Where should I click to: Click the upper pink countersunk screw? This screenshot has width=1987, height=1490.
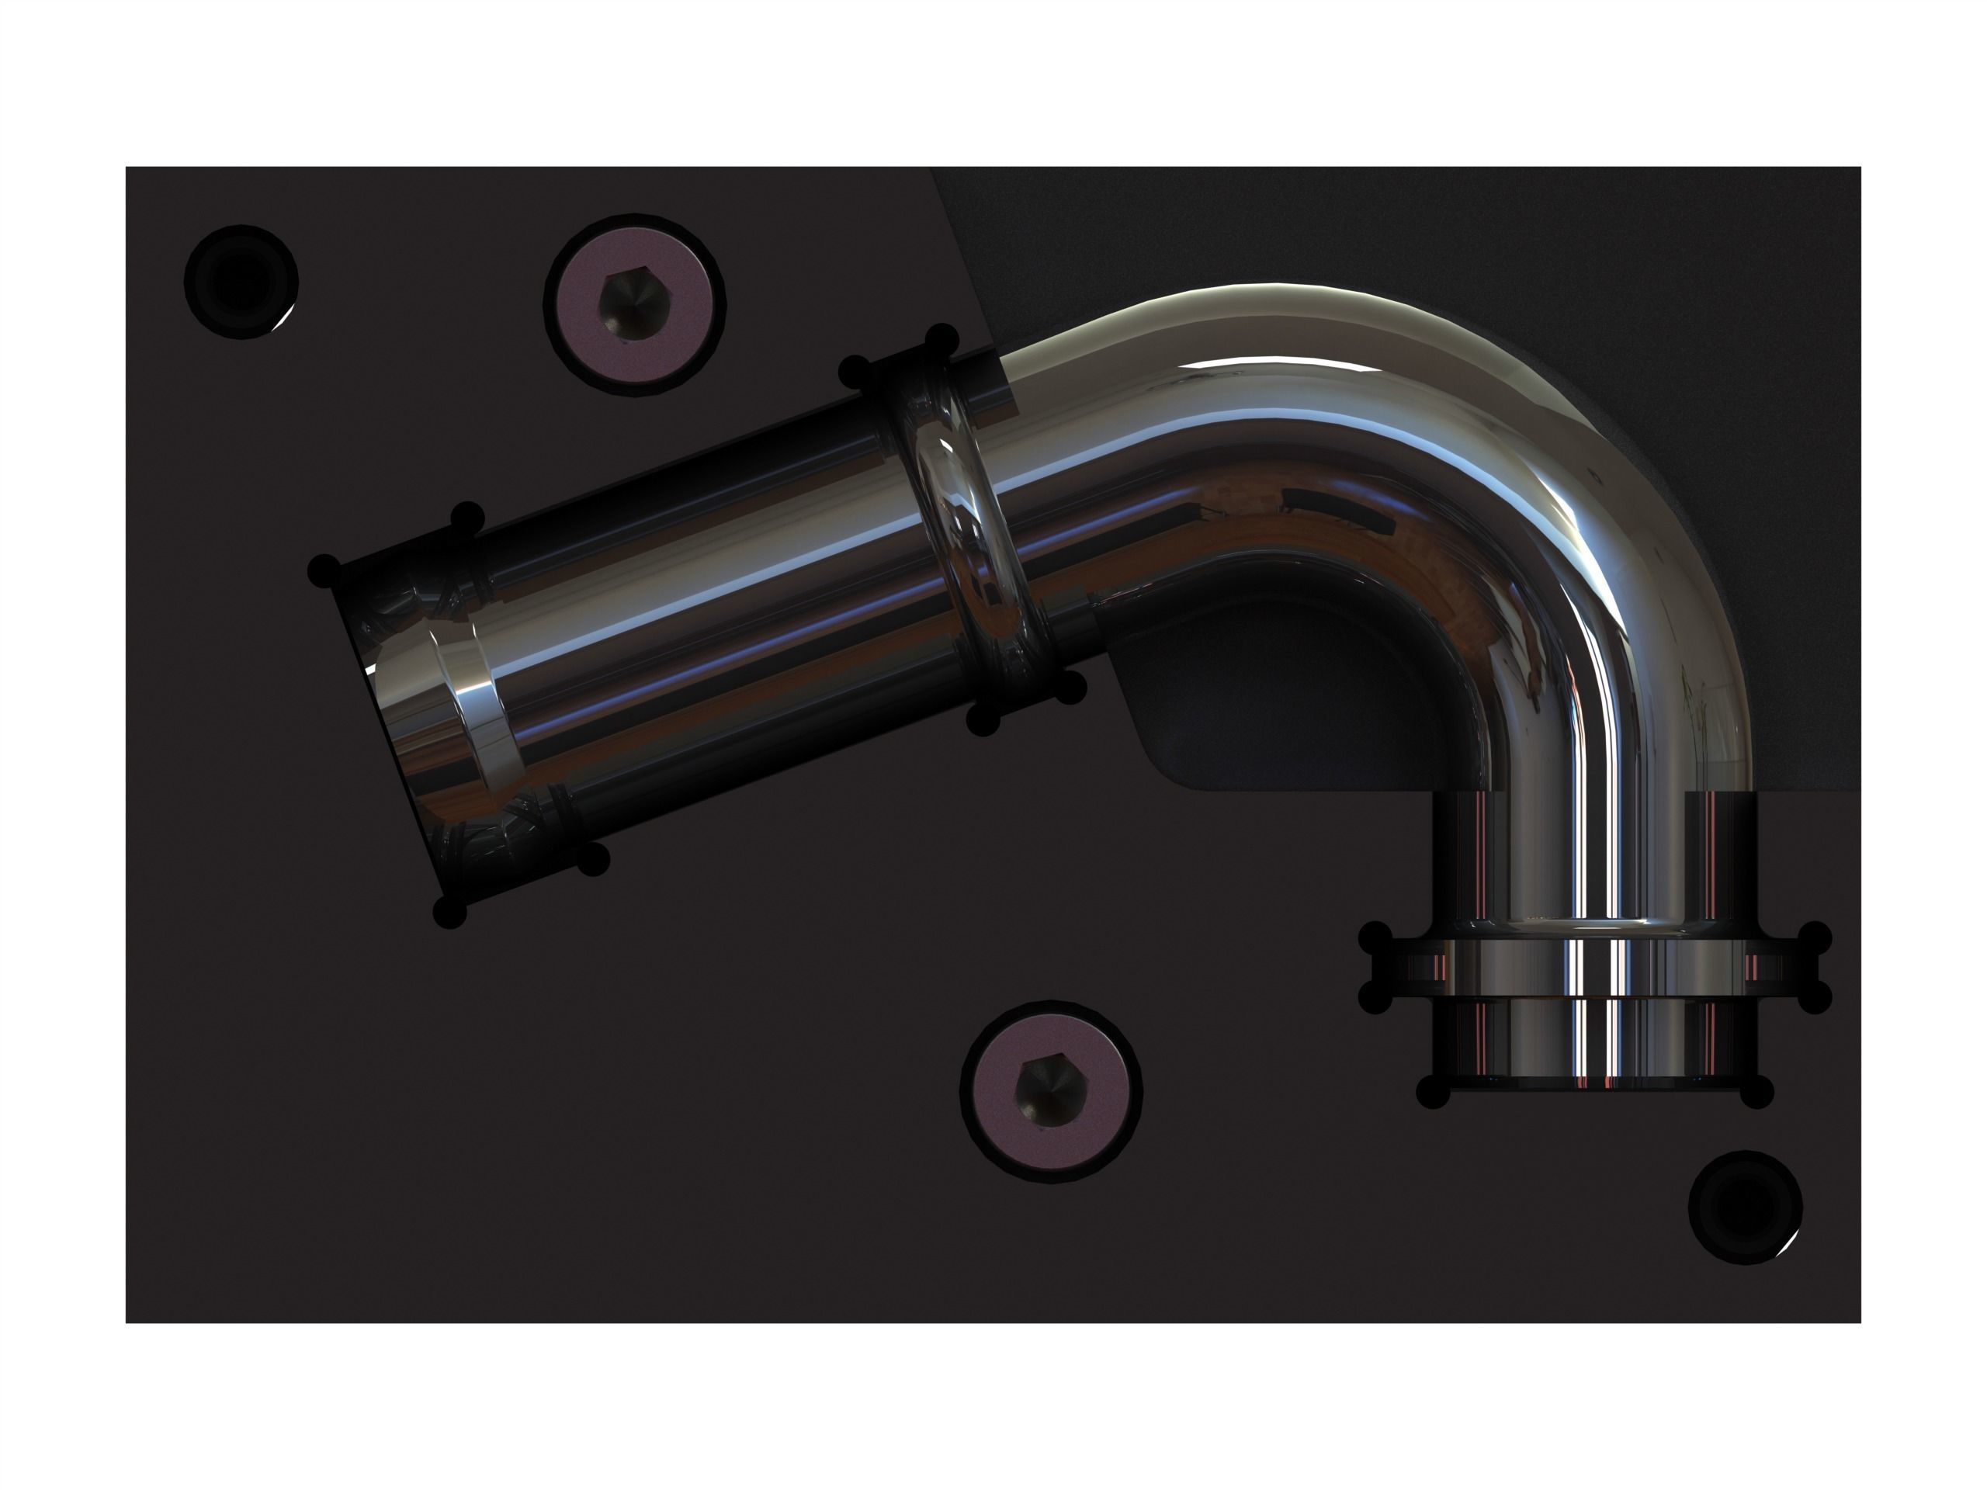pyautogui.click(x=635, y=303)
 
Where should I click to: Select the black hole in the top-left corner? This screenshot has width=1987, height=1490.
pyautogui.click(x=240, y=281)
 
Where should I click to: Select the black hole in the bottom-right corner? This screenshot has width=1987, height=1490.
pyautogui.click(x=1746, y=1208)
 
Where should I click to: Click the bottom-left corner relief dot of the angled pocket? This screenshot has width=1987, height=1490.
pyautogui.click(x=450, y=912)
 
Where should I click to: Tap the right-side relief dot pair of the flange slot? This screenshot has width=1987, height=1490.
pyautogui.click(x=1815, y=968)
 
